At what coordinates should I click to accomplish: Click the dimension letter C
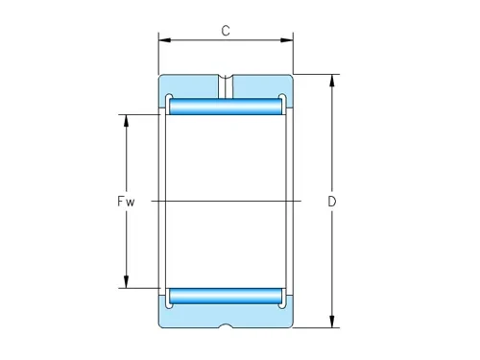coord(226,31)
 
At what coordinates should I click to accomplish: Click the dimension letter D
coord(332,202)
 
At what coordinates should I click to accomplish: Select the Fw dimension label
coord(126,202)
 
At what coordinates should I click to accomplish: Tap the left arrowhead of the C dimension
coord(165,40)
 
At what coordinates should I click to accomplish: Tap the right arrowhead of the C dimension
coord(287,40)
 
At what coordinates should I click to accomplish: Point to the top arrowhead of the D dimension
coord(332,81)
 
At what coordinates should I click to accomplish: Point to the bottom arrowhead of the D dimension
coord(332,322)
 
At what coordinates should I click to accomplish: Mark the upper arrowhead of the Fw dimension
coord(126,121)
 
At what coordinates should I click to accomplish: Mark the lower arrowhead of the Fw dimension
coord(126,282)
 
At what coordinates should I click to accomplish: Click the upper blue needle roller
coord(226,107)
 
